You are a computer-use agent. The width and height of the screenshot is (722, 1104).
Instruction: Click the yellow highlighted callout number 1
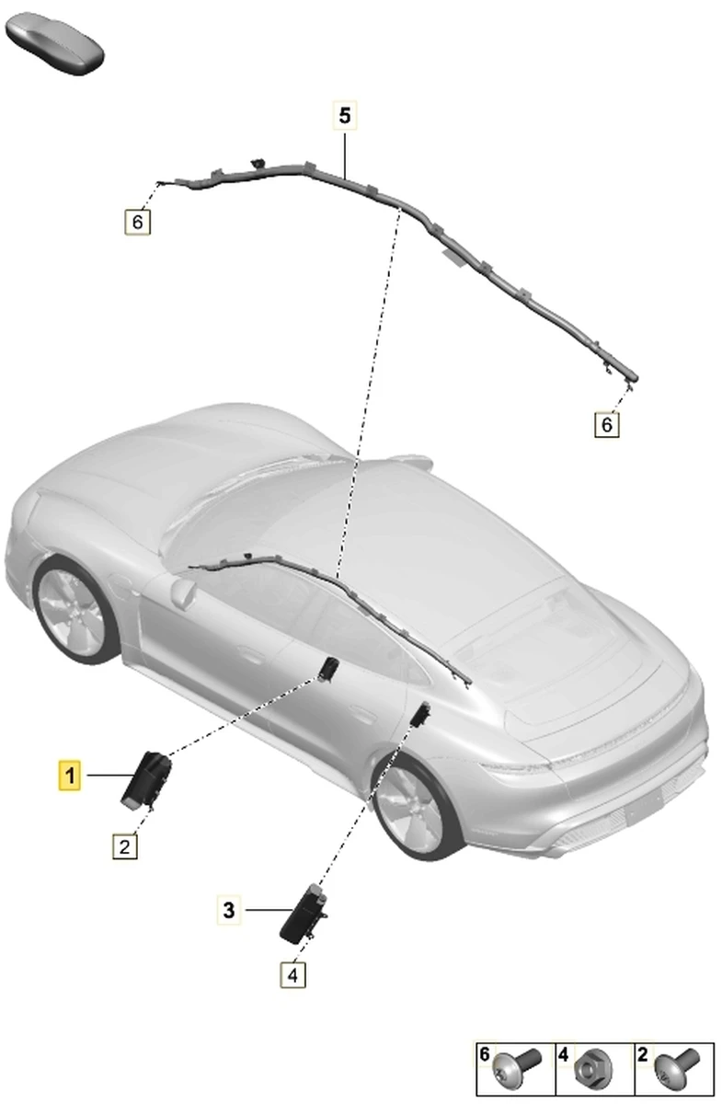click(70, 776)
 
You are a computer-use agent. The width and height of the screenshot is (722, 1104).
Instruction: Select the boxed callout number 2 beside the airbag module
click(125, 846)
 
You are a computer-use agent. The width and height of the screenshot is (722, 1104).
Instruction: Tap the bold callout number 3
click(229, 910)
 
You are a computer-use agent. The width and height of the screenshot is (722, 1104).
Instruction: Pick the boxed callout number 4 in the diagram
click(292, 975)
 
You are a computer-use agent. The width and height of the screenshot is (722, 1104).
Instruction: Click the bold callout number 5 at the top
click(345, 115)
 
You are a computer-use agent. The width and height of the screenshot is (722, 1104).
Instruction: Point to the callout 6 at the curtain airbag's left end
click(137, 222)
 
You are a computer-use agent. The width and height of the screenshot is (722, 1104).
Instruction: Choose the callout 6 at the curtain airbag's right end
click(607, 424)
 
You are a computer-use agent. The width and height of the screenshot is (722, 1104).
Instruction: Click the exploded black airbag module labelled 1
click(146, 779)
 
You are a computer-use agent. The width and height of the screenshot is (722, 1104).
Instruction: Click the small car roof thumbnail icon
click(54, 44)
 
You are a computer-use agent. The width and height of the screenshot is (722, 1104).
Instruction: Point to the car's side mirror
click(183, 592)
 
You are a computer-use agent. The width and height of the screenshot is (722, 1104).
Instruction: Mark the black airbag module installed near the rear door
click(419, 715)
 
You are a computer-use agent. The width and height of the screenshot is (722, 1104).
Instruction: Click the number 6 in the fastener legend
click(485, 1053)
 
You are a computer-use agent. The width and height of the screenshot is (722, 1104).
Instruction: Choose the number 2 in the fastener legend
click(642, 1053)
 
